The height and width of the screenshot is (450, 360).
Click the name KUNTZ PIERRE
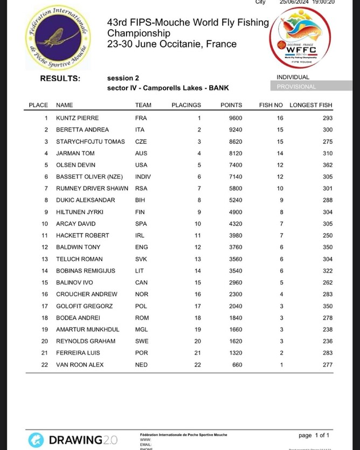(77, 118)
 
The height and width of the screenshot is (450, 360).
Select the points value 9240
(231, 130)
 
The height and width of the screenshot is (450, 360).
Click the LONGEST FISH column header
(311, 105)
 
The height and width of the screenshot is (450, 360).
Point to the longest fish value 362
(328, 165)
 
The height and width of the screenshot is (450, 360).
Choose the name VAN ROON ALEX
(79, 365)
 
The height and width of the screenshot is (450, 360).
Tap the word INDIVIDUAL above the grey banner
(293, 78)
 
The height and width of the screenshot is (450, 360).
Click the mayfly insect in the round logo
(56, 37)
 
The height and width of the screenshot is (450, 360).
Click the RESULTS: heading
(60, 78)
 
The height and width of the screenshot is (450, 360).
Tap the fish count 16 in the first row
(280, 118)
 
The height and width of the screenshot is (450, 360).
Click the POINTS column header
(231, 105)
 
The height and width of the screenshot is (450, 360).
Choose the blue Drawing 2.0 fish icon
(36, 440)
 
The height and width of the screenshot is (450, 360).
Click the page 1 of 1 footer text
(314, 435)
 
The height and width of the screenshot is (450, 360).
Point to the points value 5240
(231, 200)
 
